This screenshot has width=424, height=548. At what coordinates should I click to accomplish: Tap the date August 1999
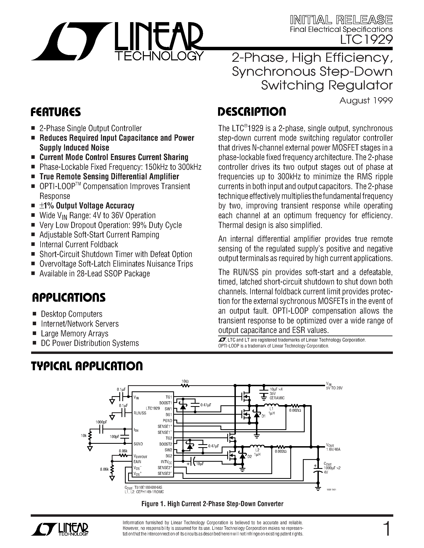pos(366,101)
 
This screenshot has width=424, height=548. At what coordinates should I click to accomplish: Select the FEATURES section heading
pos(56,112)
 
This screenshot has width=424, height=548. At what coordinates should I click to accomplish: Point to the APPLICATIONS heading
pos(69,298)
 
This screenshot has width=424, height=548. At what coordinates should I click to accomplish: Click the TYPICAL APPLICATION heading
pos(87,366)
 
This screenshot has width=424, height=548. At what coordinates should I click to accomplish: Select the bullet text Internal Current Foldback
pos(79,244)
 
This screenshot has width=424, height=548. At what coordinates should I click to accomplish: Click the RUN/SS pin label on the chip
pos(140,413)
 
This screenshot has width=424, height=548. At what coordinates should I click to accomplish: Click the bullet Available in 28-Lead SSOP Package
pos(94,273)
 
